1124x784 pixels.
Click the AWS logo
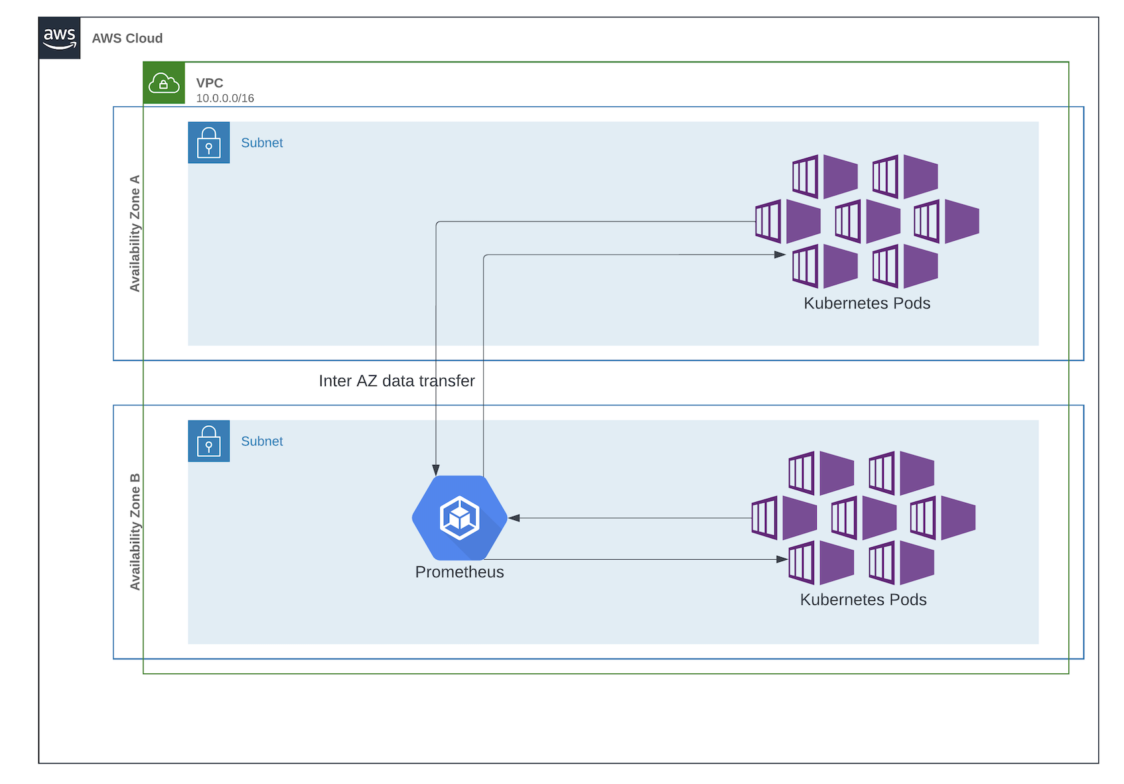60,38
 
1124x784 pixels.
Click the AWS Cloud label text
127,38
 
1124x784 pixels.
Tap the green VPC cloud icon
164,83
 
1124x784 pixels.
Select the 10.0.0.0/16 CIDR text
225,98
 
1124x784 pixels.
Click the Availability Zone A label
135,233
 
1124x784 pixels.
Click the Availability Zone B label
135,532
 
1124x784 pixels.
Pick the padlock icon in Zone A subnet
209,143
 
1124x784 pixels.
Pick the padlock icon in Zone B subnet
209,441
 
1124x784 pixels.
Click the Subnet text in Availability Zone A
261,143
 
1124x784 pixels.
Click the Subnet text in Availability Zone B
261,441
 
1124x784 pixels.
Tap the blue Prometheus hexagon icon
460,518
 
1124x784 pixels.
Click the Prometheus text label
459,572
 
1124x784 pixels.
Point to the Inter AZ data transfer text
397,381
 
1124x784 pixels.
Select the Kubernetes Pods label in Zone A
867,303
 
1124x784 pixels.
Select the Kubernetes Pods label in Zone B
863,600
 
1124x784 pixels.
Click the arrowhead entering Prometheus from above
436,470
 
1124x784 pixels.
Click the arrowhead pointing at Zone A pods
780,255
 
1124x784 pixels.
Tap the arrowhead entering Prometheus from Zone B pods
514,518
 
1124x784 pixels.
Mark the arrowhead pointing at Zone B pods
782,559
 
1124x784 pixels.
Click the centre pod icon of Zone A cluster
867,222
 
